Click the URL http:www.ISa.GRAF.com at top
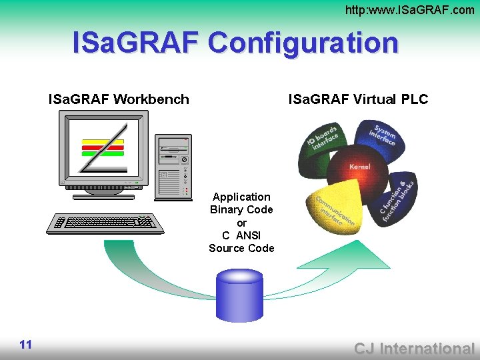[x=409, y=9]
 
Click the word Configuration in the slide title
[x=303, y=43]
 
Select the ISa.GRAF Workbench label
[x=119, y=100]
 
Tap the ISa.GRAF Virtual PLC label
[x=358, y=100]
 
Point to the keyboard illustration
[x=105, y=223]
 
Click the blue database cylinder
[x=240, y=293]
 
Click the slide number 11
[x=26, y=344]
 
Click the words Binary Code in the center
[x=241, y=209]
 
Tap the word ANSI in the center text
[x=249, y=235]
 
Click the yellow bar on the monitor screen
[x=102, y=141]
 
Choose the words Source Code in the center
[x=241, y=248]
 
